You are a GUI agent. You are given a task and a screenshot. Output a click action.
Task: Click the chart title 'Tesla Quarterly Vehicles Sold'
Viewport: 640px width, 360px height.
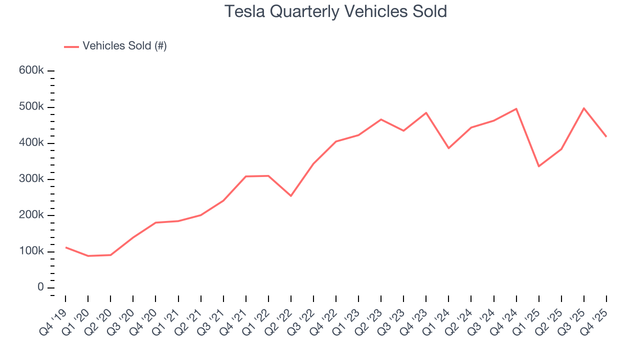coord(335,11)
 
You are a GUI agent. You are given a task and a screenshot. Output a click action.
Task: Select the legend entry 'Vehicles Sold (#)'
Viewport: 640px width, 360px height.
coord(124,46)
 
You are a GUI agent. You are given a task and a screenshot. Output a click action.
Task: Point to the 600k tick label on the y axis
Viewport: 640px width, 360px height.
coord(31,70)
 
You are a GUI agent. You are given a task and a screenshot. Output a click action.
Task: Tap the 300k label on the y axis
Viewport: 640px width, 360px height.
coord(31,179)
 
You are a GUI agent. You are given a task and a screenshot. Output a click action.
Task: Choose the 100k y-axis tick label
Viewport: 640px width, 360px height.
coord(31,251)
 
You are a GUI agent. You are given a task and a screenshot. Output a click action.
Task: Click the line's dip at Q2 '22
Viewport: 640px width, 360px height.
coord(291,195)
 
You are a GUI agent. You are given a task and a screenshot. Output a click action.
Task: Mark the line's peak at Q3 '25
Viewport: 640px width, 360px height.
coord(584,108)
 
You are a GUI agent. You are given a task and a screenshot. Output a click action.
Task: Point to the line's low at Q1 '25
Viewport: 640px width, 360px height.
coord(538,166)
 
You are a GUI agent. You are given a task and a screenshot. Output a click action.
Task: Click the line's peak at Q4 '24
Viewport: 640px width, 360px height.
coord(516,108)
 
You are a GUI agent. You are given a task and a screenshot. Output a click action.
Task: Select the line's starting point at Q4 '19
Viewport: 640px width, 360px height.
coord(65,247)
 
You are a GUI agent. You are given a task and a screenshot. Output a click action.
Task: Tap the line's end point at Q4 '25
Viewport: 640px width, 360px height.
coord(606,136)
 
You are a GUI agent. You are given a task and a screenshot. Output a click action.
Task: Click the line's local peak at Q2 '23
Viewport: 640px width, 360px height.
coord(381,119)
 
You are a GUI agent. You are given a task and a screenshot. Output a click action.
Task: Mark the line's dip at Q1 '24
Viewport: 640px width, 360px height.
coord(448,148)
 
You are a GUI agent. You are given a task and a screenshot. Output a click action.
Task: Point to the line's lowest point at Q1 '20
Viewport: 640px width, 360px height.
coord(88,256)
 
